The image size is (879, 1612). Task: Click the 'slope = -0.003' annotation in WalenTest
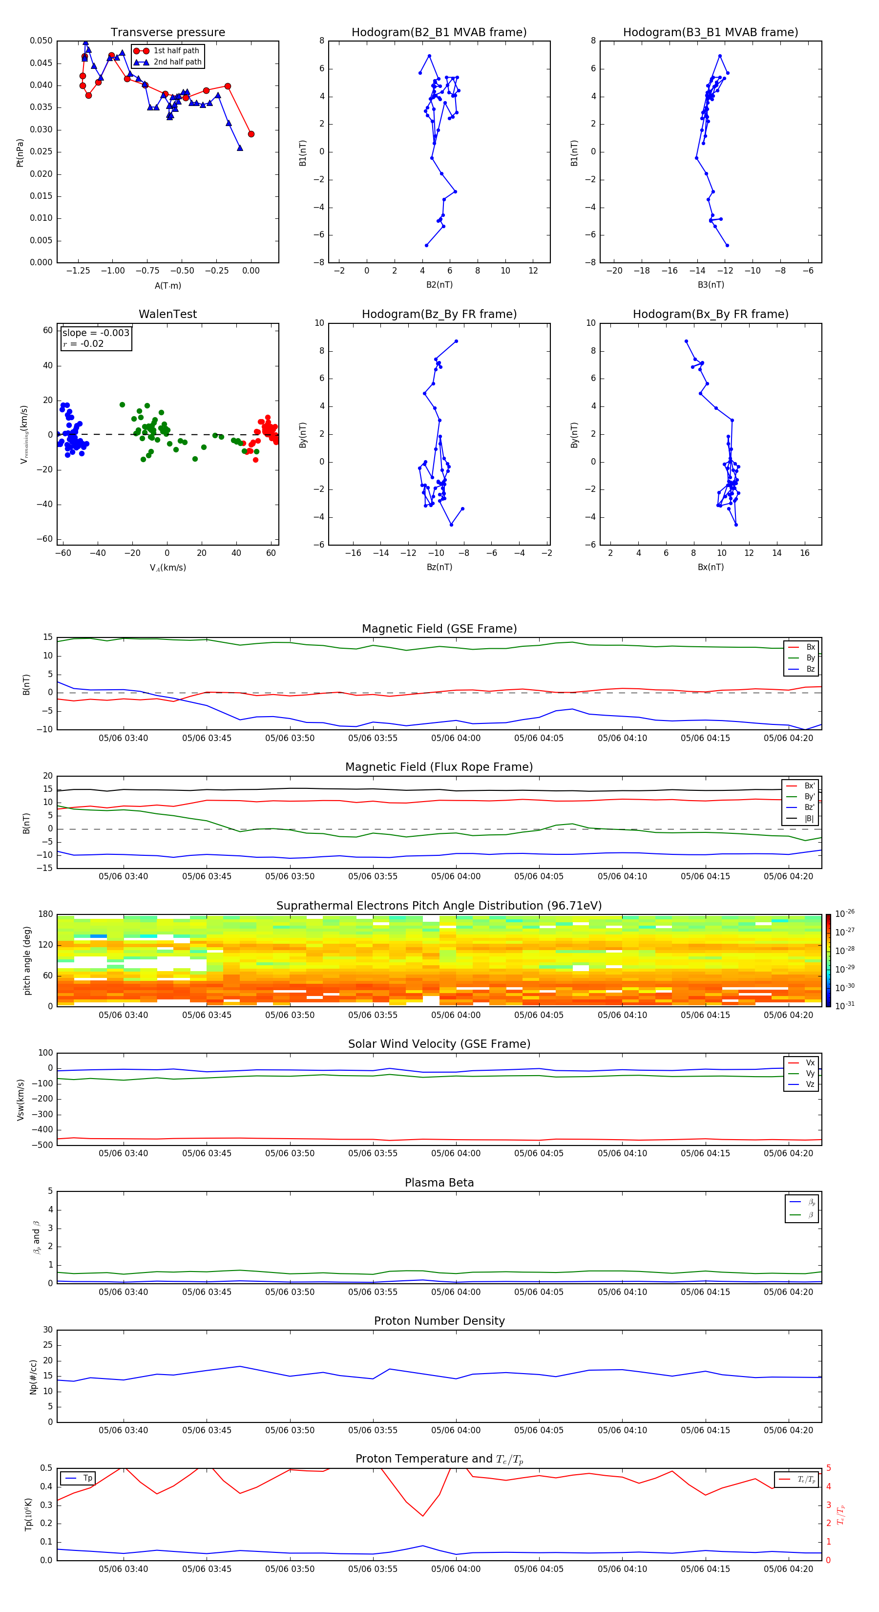click(x=96, y=333)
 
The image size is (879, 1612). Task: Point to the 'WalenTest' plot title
click(x=167, y=314)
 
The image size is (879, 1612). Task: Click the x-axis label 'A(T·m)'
click(x=167, y=285)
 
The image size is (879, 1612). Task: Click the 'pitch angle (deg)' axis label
click(x=27, y=960)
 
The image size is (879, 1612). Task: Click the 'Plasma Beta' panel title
click(x=439, y=1183)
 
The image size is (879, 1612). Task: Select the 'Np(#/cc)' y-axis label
click(x=33, y=1376)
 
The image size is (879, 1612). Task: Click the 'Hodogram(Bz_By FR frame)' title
click(x=439, y=314)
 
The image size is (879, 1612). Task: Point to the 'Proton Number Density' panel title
click(x=439, y=1321)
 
